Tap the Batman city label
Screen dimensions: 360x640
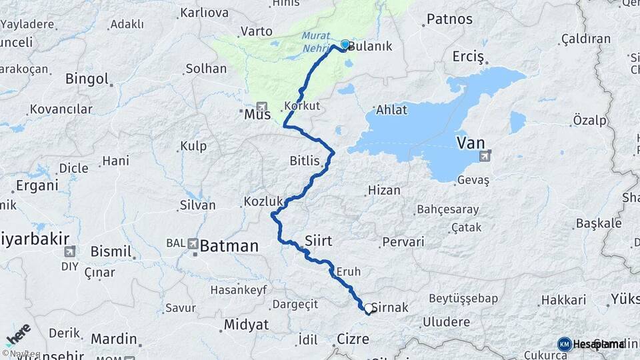pyautogui.click(x=229, y=246)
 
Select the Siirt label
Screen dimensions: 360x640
pyautogui.click(x=317, y=239)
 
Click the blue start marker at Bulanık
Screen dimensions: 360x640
pyautogui.click(x=345, y=45)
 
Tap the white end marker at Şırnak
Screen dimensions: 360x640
pyautogui.click(x=367, y=309)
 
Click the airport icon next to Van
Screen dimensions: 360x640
pyautogui.click(x=485, y=156)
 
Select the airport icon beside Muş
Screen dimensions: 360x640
pyautogui.click(x=261, y=107)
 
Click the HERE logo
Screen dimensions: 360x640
pyautogui.click(x=19, y=333)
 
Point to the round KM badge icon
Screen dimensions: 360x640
pyautogui.click(x=564, y=344)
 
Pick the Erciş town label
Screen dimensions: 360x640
pyautogui.click(x=468, y=57)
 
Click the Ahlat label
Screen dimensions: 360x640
pyautogui.click(x=391, y=109)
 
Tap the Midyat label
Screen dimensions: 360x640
pyautogui.click(x=247, y=325)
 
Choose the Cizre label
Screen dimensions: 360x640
pyautogui.click(x=352, y=339)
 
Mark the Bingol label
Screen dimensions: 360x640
pyautogui.click(x=87, y=79)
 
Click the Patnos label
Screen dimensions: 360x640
pyautogui.click(x=449, y=19)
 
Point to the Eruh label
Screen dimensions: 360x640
pyautogui.click(x=349, y=272)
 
